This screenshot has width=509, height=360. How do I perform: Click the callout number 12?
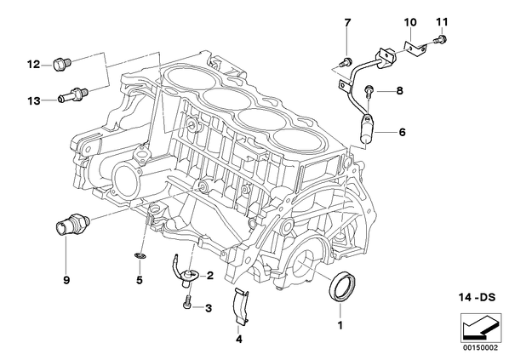(x=33, y=65)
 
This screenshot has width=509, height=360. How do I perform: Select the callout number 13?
(x=33, y=101)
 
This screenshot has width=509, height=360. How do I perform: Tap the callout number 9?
(x=66, y=280)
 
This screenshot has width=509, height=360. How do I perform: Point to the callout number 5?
(x=140, y=280)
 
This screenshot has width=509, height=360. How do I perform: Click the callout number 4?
(x=239, y=340)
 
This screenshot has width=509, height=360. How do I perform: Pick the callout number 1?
(x=340, y=325)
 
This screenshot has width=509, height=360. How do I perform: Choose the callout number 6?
(x=403, y=132)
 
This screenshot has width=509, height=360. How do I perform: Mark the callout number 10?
(x=410, y=22)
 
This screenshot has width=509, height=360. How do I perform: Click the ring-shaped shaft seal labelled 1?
(x=343, y=287)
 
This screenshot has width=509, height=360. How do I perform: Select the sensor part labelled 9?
(x=72, y=225)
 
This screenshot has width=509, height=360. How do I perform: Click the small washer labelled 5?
(x=140, y=256)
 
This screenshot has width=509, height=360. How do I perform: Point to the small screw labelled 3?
(x=187, y=302)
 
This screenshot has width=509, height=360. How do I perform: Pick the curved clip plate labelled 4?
(x=241, y=306)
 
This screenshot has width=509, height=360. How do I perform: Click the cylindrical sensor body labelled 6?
(x=367, y=129)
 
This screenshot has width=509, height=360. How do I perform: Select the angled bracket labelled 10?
(x=415, y=47)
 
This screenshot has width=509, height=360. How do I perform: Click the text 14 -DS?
(x=478, y=297)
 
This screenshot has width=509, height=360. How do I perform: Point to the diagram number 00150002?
(x=480, y=348)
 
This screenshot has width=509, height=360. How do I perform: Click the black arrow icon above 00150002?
(x=480, y=328)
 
